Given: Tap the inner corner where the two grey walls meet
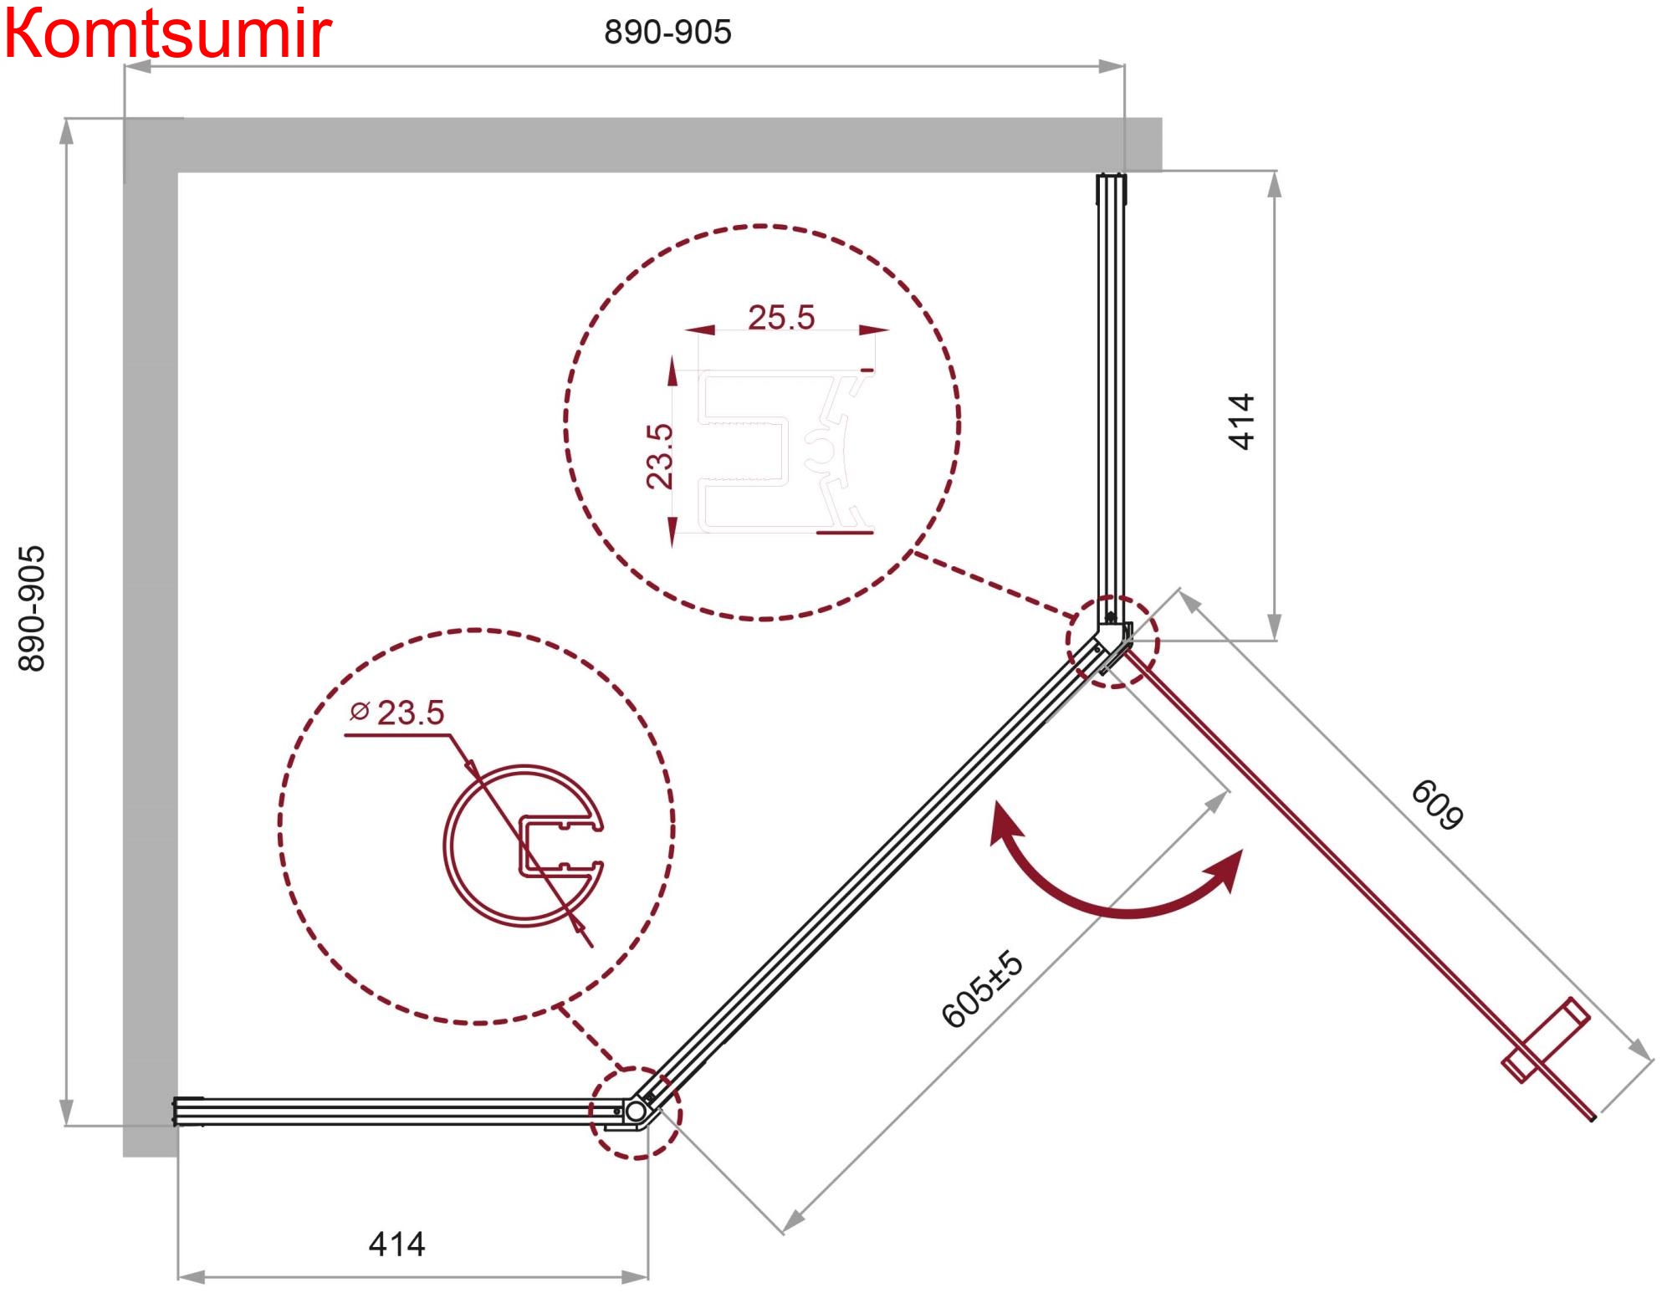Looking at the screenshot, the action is pyautogui.click(x=178, y=172).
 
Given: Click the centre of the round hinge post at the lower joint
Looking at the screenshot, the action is pyautogui.click(x=636, y=1111).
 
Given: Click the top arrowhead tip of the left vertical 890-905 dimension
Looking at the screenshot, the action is pyautogui.click(x=66, y=119).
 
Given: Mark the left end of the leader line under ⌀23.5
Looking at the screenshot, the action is pyautogui.click(x=345, y=735).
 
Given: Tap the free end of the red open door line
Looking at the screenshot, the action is pyautogui.click(x=1593, y=1118).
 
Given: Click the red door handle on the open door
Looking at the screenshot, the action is pyautogui.click(x=1546, y=1040).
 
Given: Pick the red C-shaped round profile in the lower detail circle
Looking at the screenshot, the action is pyautogui.click(x=524, y=846).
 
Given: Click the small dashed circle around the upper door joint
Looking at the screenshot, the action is pyautogui.click(x=1112, y=641).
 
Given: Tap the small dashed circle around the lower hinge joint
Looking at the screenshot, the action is pyautogui.click(x=636, y=1112).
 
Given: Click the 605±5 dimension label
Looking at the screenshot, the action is pyautogui.click(x=982, y=989).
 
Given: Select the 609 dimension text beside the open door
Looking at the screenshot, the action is pyautogui.click(x=1437, y=805).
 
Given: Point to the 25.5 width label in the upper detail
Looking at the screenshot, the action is pyautogui.click(x=781, y=318).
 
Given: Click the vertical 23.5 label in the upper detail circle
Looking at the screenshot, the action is pyautogui.click(x=659, y=456).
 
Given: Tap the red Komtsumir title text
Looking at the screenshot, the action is pyautogui.click(x=168, y=33).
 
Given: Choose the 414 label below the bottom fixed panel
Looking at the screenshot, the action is pyautogui.click(x=396, y=1244).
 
